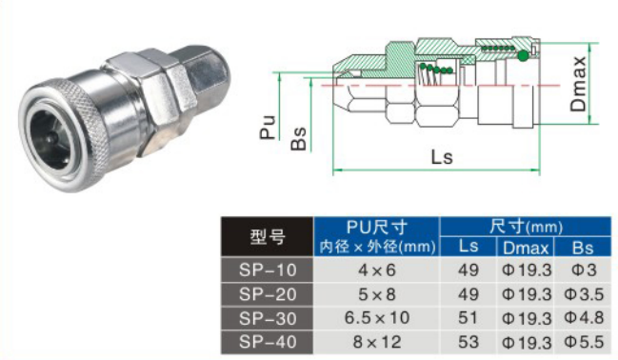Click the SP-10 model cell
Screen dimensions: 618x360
click(x=268, y=270)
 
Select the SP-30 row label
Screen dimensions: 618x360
click(x=268, y=319)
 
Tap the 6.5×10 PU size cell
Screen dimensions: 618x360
click(x=376, y=318)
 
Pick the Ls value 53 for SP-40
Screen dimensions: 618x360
click(x=468, y=342)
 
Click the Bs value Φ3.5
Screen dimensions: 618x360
click(x=584, y=294)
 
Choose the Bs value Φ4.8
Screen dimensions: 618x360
click(x=584, y=318)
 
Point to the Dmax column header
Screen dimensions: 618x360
click(x=526, y=248)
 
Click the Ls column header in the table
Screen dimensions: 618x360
click(x=468, y=247)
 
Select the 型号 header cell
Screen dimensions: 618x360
click(x=268, y=236)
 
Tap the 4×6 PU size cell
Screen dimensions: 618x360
click(x=376, y=270)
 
